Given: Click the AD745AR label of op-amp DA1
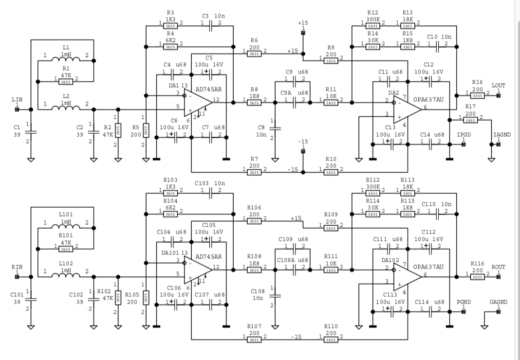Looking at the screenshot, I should [x=208, y=90].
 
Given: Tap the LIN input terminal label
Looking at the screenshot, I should [x=17, y=99].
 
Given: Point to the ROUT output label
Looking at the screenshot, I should [x=499, y=267].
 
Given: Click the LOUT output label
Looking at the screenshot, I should [x=499, y=86].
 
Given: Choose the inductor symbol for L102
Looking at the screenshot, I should [x=66, y=276].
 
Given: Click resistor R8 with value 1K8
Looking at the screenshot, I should [x=254, y=102].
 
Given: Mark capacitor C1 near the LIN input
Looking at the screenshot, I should [x=31, y=131].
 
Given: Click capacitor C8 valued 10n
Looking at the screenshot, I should [x=275, y=129].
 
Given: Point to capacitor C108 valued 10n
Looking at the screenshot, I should [x=275, y=295].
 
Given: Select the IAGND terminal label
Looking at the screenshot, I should [x=502, y=134].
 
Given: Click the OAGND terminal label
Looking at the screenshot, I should [x=499, y=302].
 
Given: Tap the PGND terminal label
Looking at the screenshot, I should [x=463, y=302].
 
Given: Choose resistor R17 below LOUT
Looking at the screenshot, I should [x=470, y=118].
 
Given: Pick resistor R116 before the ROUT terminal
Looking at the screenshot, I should [x=477, y=276].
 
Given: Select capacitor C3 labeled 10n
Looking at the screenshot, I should [x=212, y=23].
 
